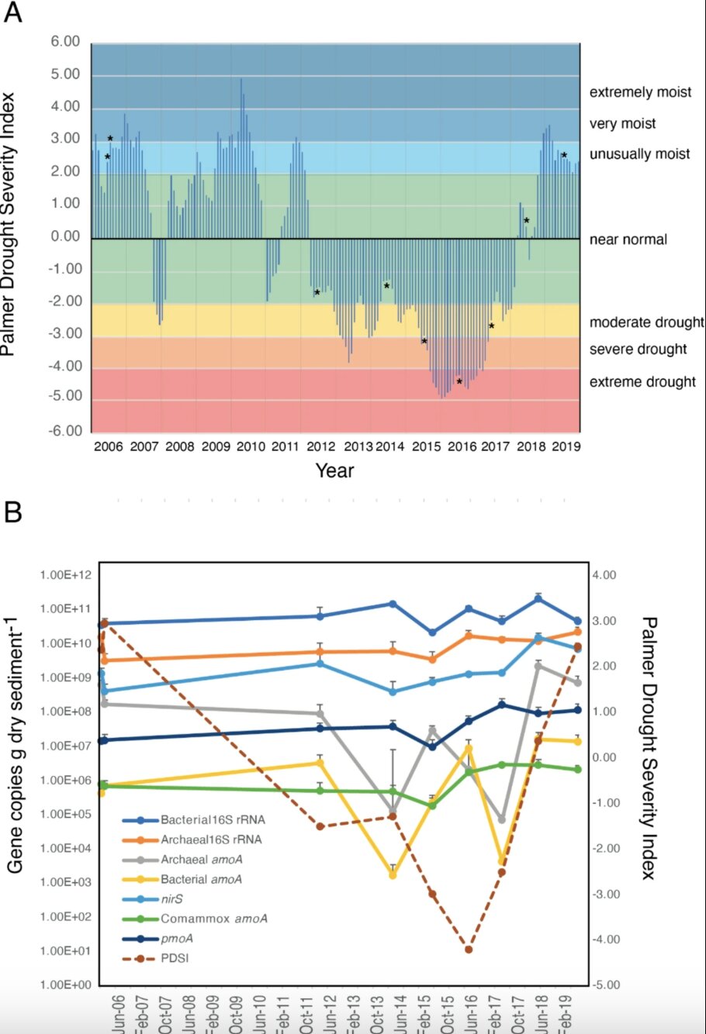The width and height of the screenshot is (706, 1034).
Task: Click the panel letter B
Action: click(x=12, y=512)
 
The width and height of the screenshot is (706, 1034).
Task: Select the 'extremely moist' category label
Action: click(x=640, y=92)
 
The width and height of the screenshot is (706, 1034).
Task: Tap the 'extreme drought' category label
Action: click(x=642, y=381)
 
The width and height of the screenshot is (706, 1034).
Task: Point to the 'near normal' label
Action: click(x=628, y=240)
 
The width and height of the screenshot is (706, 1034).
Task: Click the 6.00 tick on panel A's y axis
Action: click(x=66, y=42)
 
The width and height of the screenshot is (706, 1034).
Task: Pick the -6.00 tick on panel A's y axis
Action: click(x=64, y=431)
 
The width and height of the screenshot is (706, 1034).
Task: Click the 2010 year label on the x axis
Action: click(x=251, y=446)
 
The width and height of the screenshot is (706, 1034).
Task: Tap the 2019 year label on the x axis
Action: click(x=565, y=446)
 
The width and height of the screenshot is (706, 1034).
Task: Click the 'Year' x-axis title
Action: click(x=335, y=470)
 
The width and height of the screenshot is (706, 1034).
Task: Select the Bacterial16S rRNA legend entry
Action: click(x=211, y=820)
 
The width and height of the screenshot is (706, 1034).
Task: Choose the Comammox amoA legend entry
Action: click(x=214, y=919)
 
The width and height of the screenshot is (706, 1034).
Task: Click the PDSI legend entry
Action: click(x=175, y=959)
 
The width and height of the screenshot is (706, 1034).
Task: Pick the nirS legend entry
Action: click(x=171, y=899)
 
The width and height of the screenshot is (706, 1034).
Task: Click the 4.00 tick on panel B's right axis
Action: click(x=603, y=575)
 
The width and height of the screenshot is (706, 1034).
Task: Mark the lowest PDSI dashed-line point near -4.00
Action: click(x=468, y=950)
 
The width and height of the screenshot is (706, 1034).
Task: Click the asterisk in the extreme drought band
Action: click(x=459, y=382)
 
